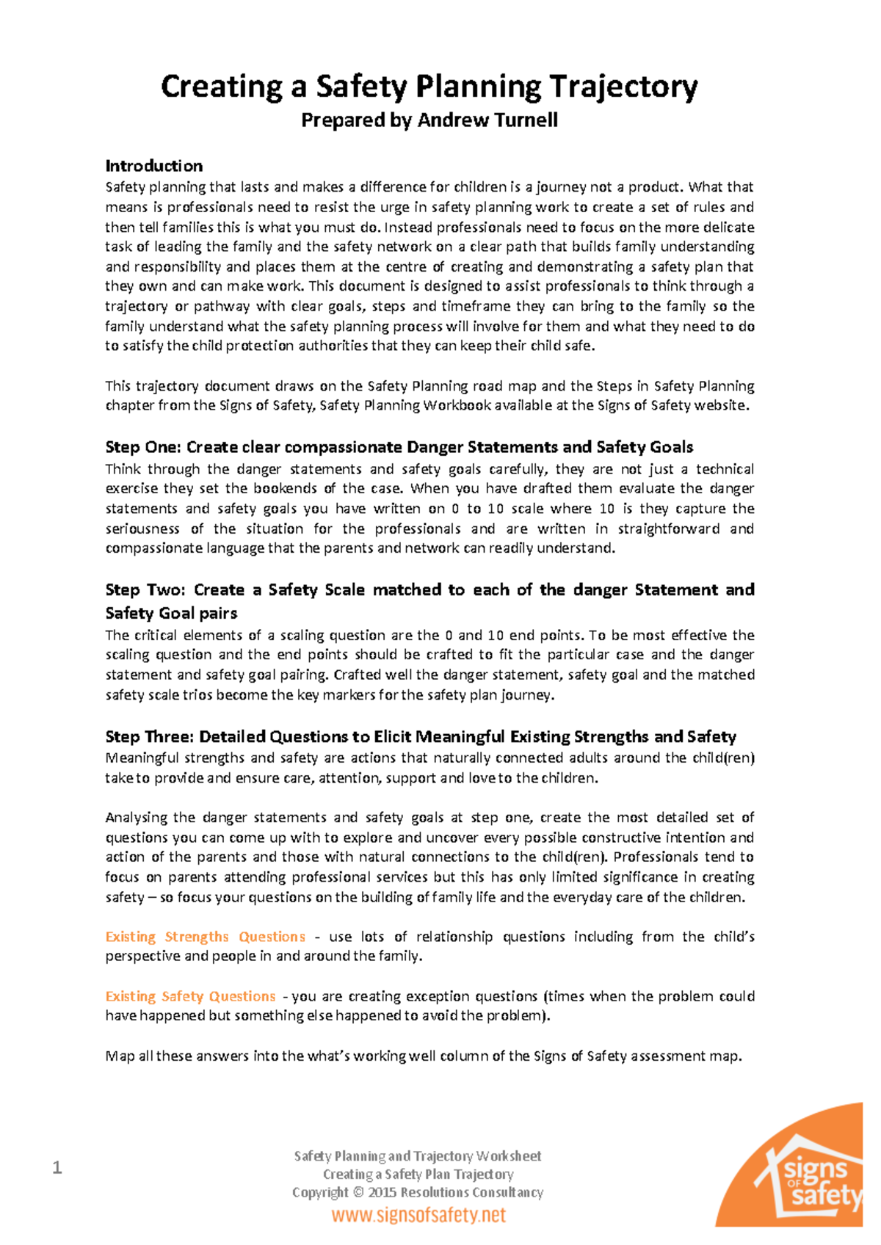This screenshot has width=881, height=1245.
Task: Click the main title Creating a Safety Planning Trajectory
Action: click(x=429, y=87)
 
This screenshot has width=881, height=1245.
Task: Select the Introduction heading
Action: click(x=153, y=166)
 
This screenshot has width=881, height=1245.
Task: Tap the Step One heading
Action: click(x=399, y=447)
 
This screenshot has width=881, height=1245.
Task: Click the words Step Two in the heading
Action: click(x=139, y=590)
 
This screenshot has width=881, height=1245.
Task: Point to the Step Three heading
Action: click(x=420, y=736)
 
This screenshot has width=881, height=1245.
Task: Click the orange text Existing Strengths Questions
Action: click(x=205, y=937)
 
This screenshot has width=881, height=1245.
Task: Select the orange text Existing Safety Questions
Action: click(x=190, y=996)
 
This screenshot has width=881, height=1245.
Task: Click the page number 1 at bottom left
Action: click(x=57, y=1167)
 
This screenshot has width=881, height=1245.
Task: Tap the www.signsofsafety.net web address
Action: click(x=418, y=1215)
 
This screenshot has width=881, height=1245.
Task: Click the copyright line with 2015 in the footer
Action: click(x=417, y=1192)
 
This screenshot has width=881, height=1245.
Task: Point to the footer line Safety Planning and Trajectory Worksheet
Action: click(x=417, y=1156)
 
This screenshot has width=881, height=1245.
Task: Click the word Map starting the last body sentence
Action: click(x=120, y=1056)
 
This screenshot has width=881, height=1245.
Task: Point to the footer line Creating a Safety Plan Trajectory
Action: click(x=418, y=1175)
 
